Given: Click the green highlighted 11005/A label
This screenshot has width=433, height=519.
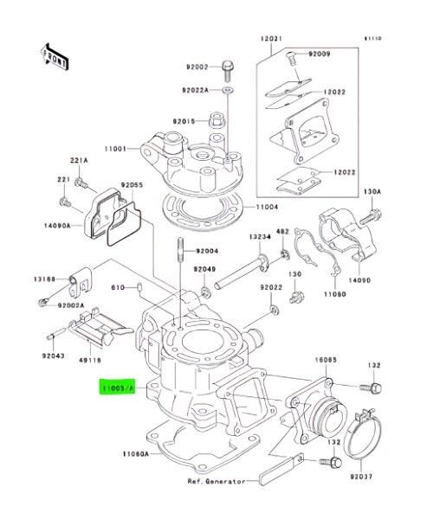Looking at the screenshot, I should pos(118,389).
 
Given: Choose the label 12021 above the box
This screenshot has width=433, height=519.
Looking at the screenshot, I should pos(272,40).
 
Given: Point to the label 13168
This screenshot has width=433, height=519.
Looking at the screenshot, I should pos(45,279).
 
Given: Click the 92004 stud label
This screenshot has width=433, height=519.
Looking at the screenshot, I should pos(207,251).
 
